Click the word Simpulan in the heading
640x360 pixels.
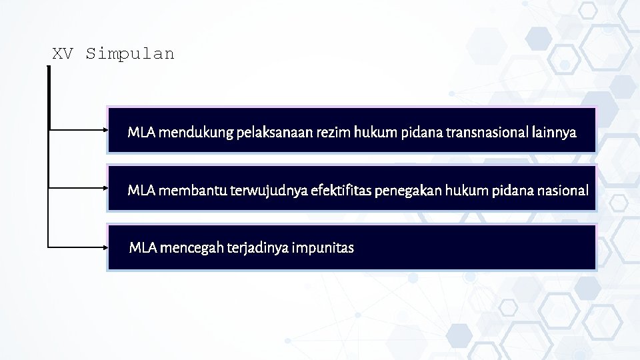click(x=130, y=54)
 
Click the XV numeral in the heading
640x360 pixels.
click(x=63, y=54)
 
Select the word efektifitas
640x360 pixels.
click(x=341, y=191)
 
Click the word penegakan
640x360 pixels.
click(x=409, y=191)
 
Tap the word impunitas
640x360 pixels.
click(x=323, y=249)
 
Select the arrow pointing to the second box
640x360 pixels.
click(x=79, y=189)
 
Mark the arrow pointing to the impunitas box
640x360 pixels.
click(x=79, y=247)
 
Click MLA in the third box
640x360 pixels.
click(x=143, y=249)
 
